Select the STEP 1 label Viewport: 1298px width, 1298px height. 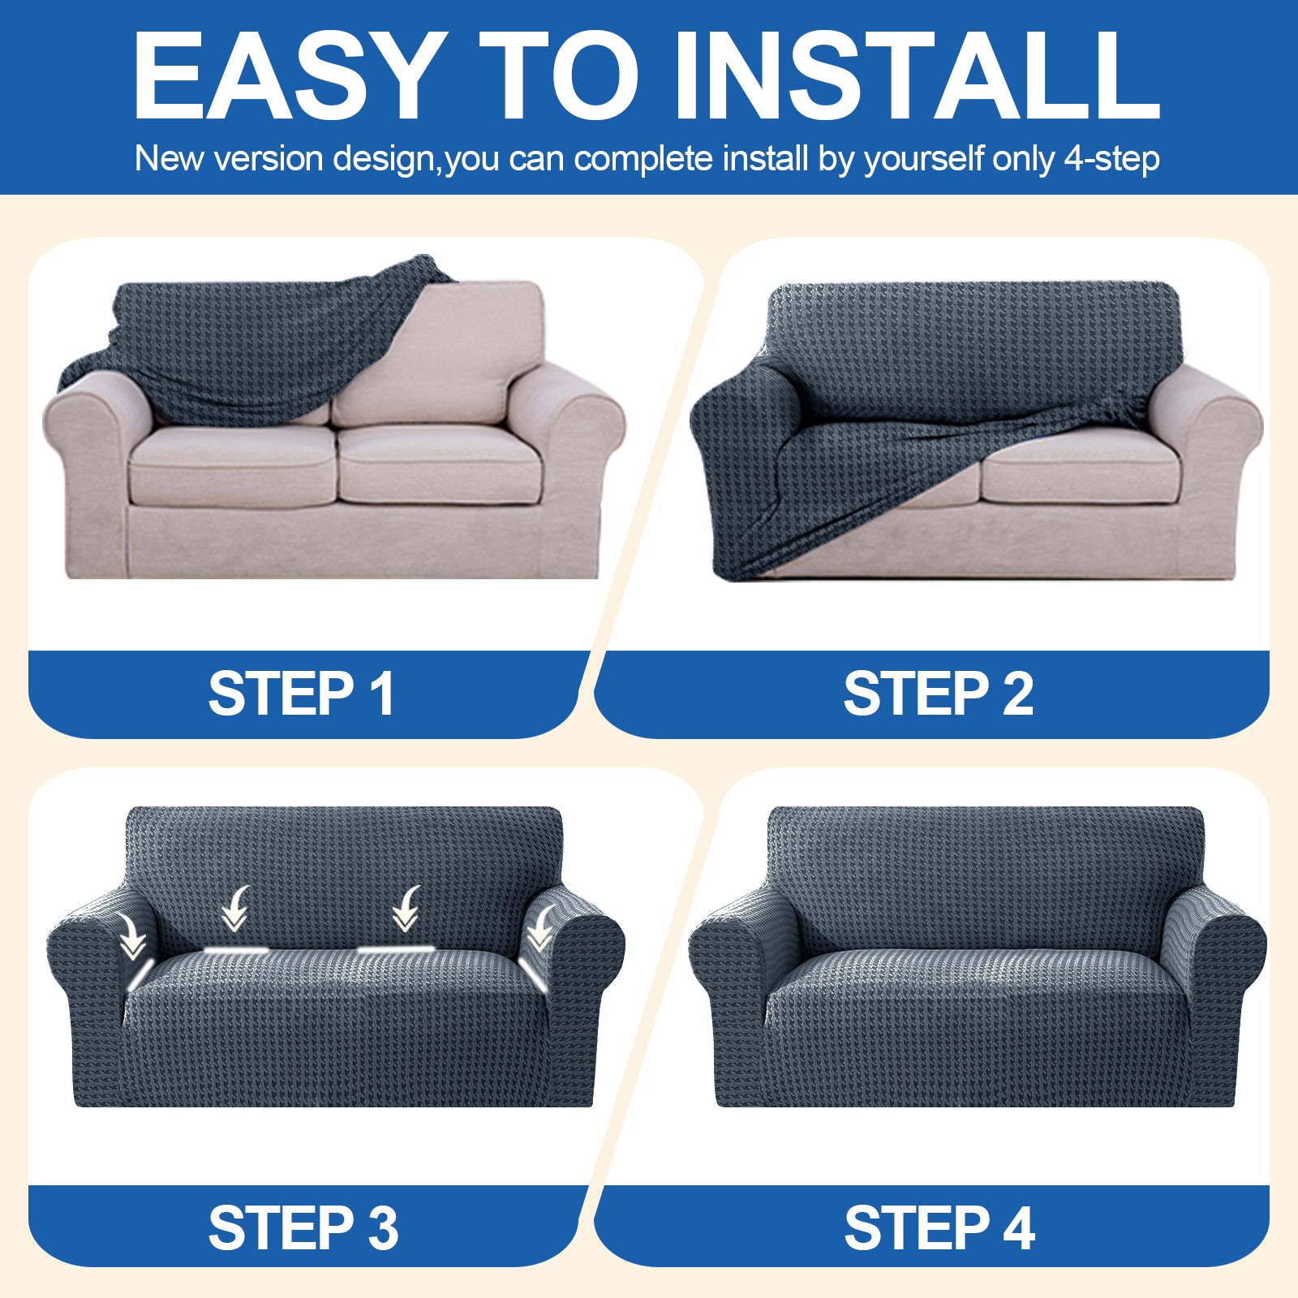point(302,694)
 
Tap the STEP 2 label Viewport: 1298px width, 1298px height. point(938,694)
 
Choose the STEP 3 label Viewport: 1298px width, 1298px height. point(303,1227)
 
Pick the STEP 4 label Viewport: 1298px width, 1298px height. point(939,1227)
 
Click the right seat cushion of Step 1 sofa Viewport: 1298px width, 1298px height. point(438,466)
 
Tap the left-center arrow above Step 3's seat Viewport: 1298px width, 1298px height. point(236,909)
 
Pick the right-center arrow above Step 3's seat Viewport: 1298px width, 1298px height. point(406,909)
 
